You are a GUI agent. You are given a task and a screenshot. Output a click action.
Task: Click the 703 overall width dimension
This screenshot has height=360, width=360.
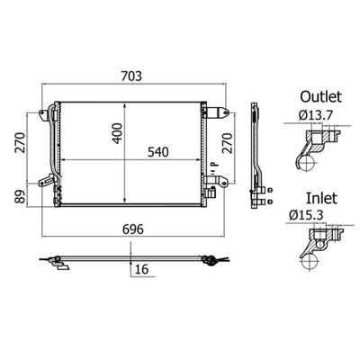pos(131,76)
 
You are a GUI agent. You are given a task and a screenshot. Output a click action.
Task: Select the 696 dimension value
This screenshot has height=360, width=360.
pos(133,229)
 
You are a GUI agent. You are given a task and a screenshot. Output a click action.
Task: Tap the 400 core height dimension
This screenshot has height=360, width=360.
pos(117,133)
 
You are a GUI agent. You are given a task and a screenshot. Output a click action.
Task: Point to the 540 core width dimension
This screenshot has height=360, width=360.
pos(158,152)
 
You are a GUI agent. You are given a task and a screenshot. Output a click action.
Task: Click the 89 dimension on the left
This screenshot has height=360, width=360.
pos(21,196)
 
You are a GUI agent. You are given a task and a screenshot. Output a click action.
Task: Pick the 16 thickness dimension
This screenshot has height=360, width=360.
pos(141,269)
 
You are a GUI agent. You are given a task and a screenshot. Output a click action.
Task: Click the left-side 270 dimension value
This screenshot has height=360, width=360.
pos(21,142)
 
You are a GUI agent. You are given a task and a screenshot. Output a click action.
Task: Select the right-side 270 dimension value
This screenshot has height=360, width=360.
pos(228,143)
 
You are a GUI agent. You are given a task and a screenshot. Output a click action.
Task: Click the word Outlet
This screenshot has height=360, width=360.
pos(320,97)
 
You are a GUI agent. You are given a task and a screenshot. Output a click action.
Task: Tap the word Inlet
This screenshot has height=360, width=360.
pos(321,198)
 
